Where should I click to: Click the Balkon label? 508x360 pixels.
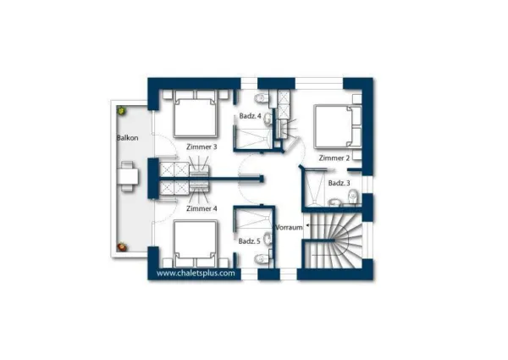[128, 138]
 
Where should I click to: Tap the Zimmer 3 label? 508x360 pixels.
[202, 147]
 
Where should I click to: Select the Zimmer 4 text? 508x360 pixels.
[202, 208]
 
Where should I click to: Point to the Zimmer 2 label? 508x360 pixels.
[334, 158]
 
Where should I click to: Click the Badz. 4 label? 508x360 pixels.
[250, 116]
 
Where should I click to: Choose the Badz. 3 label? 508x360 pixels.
[339, 183]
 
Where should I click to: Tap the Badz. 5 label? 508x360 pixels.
[249, 241]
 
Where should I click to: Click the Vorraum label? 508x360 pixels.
[289, 227]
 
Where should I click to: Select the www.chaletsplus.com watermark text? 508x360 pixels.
[196, 273]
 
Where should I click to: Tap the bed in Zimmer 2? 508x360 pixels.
[338, 126]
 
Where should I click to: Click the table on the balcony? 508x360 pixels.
[128, 176]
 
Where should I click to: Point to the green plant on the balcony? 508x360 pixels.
[121, 110]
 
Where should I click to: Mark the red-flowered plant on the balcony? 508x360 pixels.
[122, 247]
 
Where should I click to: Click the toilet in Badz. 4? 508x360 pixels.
[262, 98]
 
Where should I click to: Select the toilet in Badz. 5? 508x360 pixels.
[262, 259]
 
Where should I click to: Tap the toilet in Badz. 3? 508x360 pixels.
[353, 197]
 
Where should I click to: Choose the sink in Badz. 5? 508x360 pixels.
[268, 239]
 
